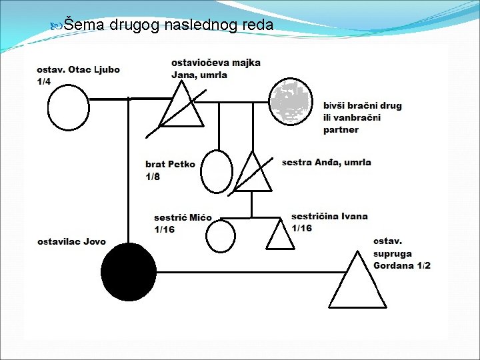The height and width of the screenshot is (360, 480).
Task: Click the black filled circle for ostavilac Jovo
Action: click(x=129, y=271)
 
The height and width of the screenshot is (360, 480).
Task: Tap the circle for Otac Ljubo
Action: click(x=68, y=109)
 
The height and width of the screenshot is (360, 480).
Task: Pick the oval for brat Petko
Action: click(x=217, y=171)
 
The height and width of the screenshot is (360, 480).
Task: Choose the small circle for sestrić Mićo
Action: click(x=220, y=235)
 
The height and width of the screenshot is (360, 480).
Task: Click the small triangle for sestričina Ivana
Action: click(x=279, y=235)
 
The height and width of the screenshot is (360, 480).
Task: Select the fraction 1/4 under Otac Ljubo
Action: click(x=44, y=82)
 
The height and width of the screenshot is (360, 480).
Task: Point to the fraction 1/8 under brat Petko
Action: click(x=153, y=176)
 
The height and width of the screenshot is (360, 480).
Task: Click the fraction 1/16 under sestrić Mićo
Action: click(x=164, y=229)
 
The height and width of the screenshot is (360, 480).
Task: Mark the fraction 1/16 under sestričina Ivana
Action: click(x=301, y=228)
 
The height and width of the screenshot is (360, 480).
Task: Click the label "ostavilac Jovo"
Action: click(x=71, y=241)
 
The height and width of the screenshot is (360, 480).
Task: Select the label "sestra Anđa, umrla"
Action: click(x=326, y=162)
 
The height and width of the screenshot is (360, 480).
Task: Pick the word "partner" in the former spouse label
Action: click(x=341, y=130)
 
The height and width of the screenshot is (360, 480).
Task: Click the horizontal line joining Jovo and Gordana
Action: click(x=247, y=271)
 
